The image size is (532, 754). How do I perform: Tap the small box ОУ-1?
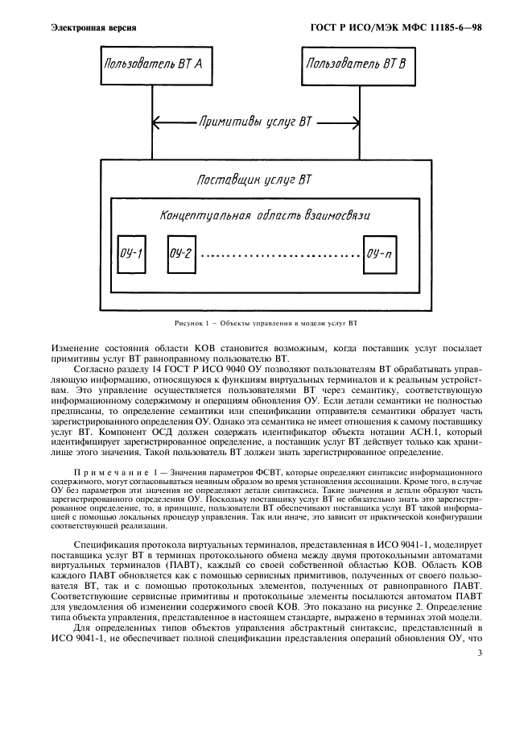130,255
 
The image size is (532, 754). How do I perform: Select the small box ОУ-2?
181,255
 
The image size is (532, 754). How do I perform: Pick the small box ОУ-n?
379,255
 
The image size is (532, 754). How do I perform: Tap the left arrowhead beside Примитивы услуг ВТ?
156,124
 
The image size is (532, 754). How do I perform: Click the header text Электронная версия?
93,28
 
